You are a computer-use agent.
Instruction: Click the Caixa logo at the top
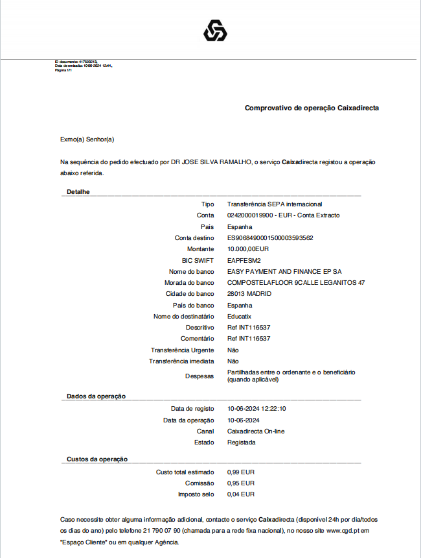[x=215, y=30]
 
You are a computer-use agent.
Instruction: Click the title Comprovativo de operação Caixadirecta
[x=312, y=108]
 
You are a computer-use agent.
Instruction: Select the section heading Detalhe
[x=78, y=192]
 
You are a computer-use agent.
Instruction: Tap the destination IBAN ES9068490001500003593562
[x=270, y=238]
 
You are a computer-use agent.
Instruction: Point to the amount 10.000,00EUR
[x=248, y=249]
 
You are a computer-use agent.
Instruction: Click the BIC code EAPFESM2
[x=244, y=260]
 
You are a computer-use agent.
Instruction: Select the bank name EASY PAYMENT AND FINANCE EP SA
[x=284, y=271]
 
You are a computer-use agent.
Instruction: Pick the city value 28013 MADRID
[x=249, y=294]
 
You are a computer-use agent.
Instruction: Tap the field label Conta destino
[x=194, y=238]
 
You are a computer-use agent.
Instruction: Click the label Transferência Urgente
[x=182, y=350]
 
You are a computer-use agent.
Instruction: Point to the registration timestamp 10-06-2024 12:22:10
[x=256, y=409]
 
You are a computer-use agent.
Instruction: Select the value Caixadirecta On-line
[x=256, y=431]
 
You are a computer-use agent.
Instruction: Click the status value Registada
[x=241, y=443]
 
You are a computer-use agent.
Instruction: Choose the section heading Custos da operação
[x=97, y=459]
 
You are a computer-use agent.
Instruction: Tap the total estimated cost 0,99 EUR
[x=240, y=472]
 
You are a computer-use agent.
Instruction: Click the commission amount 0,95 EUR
[x=240, y=483]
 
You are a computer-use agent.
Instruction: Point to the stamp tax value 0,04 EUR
[x=240, y=494]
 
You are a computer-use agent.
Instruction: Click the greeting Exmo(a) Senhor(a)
[x=87, y=139]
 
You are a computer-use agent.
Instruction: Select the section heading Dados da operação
[x=96, y=396]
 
